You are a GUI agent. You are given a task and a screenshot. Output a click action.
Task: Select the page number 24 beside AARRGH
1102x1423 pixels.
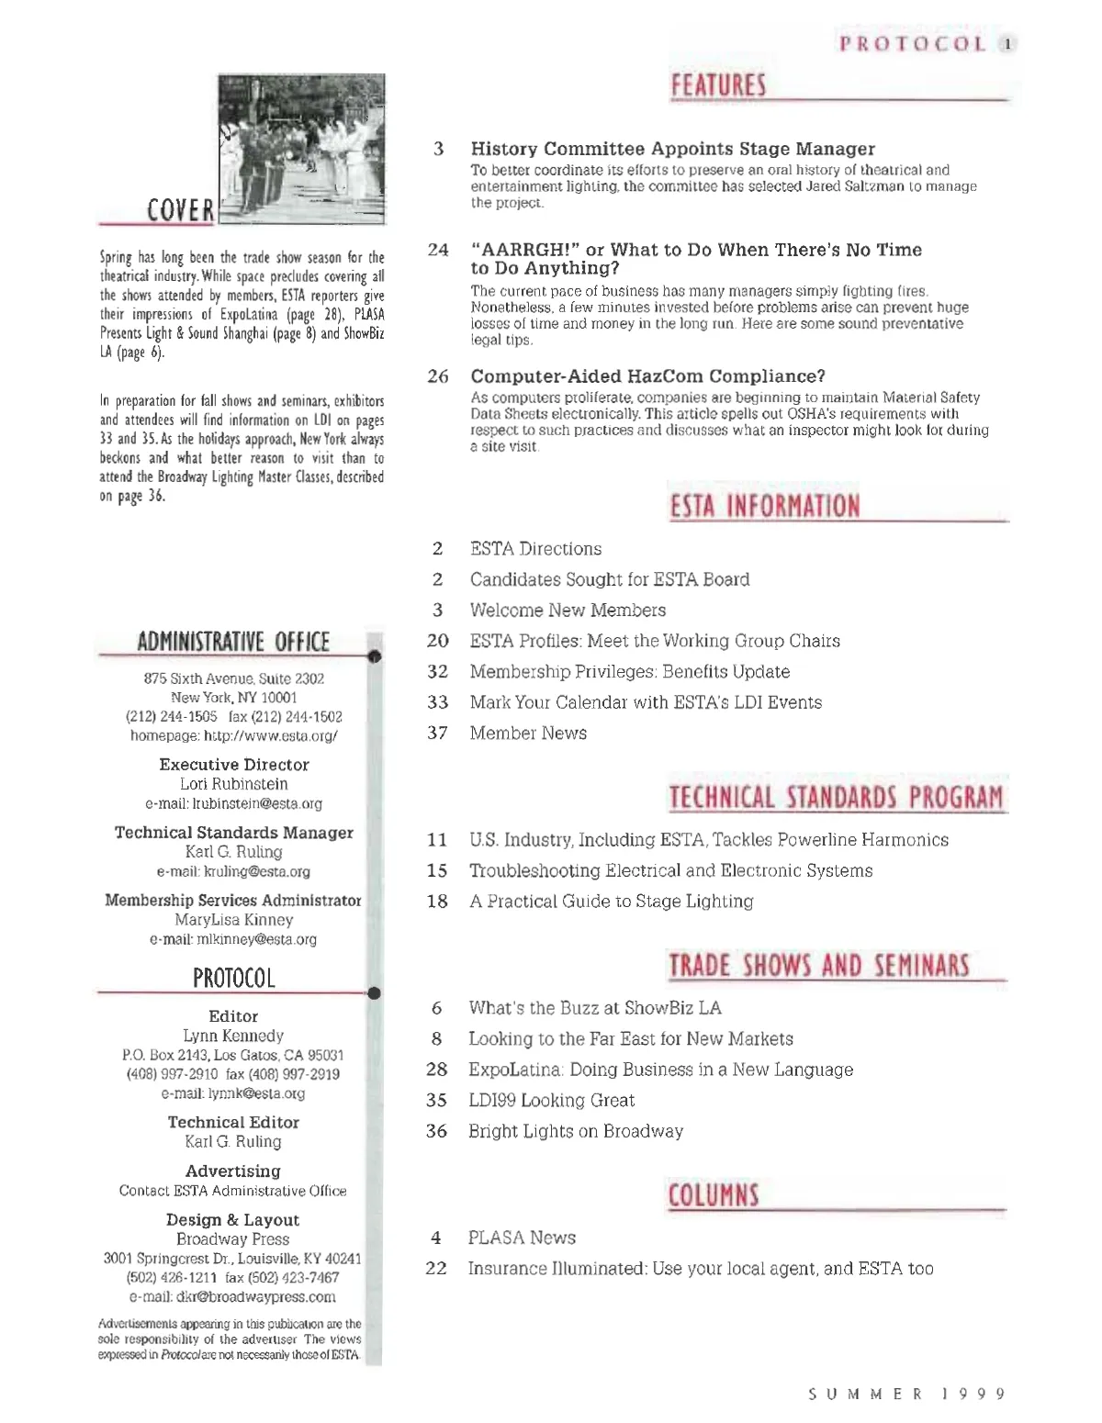tap(438, 250)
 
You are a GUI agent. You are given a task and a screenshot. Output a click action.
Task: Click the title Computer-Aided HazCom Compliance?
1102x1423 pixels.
tap(647, 376)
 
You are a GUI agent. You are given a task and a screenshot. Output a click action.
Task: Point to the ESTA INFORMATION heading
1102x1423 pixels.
tap(765, 506)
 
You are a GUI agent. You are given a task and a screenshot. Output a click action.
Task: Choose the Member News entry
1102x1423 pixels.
tap(528, 733)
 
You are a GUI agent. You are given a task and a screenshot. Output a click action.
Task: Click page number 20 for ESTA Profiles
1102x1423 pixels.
tap(438, 641)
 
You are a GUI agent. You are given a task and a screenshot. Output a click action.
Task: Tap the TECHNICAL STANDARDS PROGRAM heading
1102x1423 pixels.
tap(836, 797)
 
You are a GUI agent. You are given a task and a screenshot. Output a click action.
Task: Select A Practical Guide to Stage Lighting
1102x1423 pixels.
tap(611, 902)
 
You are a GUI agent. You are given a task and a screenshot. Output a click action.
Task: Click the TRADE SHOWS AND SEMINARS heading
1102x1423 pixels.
tap(818, 966)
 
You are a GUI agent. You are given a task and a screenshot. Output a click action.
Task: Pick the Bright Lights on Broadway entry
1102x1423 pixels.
tap(576, 1131)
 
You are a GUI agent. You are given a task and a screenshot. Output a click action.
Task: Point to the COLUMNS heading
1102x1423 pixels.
tap(714, 1195)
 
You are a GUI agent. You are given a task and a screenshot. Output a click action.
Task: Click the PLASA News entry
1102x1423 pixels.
tap(522, 1238)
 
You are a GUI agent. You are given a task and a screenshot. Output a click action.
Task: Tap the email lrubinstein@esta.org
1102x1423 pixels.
tap(233, 804)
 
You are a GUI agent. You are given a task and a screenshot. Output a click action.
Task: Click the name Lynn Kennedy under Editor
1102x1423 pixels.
tap(233, 1036)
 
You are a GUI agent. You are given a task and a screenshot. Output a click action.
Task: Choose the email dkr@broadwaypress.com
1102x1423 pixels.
tap(232, 1297)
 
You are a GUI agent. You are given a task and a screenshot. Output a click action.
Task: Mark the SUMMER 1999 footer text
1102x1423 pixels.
tap(906, 1394)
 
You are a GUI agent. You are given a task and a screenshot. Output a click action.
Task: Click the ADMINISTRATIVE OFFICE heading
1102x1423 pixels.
tap(232, 642)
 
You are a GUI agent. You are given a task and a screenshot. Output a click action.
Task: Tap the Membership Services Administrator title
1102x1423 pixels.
tap(232, 901)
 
